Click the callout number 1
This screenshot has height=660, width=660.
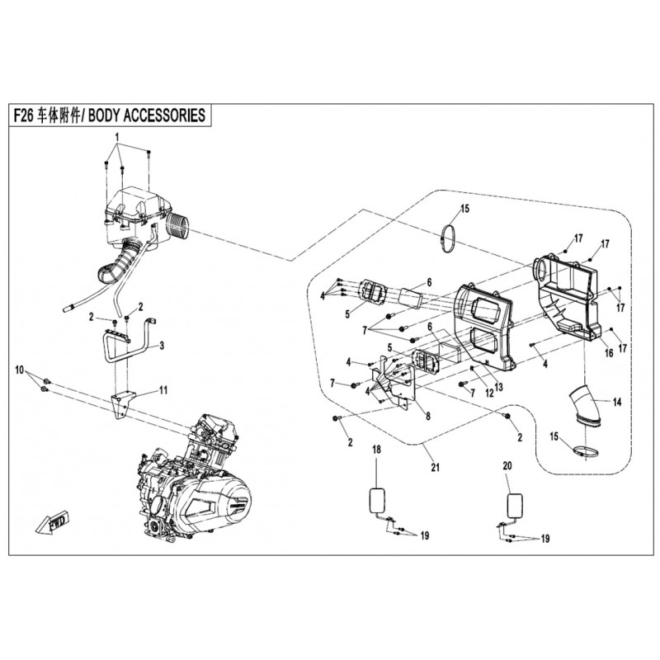tap(117, 135)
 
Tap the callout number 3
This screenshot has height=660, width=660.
tap(162, 346)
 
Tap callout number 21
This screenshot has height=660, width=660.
tap(435, 468)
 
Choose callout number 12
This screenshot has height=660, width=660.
tap(488, 393)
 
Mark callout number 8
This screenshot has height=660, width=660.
tap(427, 417)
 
